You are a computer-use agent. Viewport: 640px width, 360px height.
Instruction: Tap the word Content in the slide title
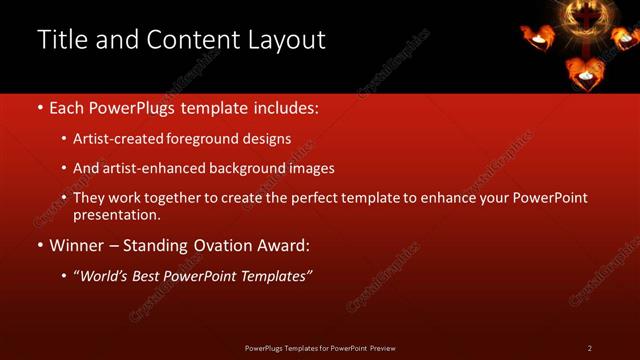point(189,40)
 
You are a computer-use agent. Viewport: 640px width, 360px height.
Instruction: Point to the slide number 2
point(589,348)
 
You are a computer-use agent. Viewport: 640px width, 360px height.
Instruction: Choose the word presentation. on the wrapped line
point(116,214)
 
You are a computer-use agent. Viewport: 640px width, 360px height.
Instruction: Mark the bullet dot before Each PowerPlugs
point(39,108)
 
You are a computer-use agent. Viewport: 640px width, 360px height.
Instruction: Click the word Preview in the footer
point(382,348)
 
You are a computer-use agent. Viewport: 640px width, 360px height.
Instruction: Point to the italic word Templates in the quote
point(275,276)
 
